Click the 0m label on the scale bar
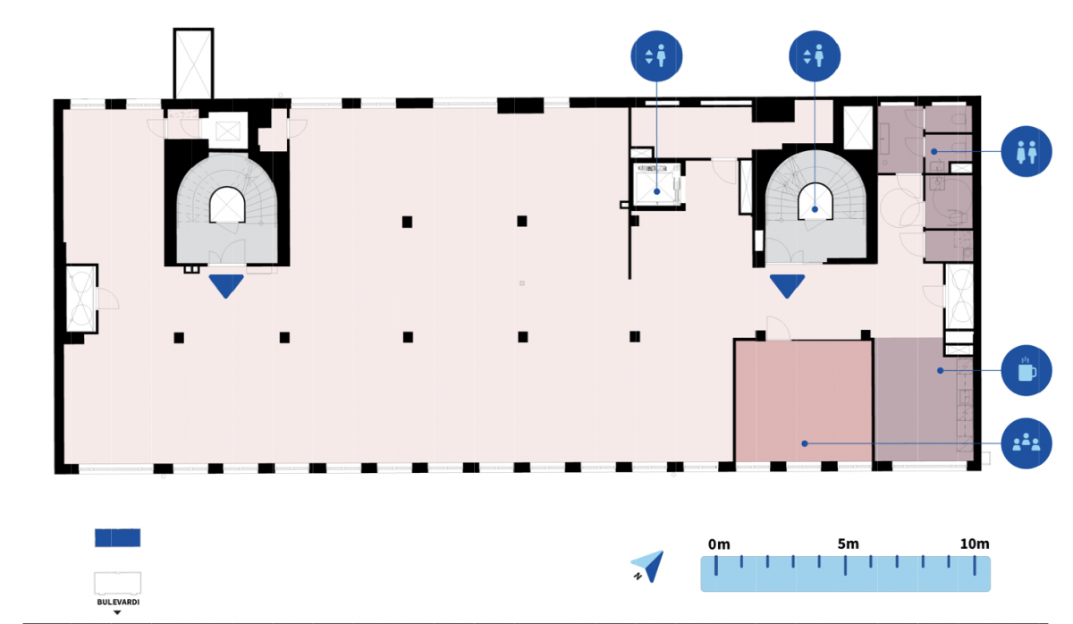(x=719, y=544)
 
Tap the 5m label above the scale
(x=848, y=544)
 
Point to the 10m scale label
(x=974, y=544)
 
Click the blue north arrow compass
(x=650, y=565)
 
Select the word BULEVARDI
(x=117, y=603)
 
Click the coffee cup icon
(x=1026, y=369)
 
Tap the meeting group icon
(x=1026, y=442)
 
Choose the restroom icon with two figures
(x=1026, y=153)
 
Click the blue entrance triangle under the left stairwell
(x=226, y=286)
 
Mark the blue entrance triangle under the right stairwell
(x=787, y=286)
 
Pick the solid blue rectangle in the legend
(x=117, y=537)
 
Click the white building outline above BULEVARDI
(x=117, y=582)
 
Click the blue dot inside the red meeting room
(x=804, y=443)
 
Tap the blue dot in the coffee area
(x=939, y=369)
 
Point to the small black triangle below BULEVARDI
(x=117, y=613)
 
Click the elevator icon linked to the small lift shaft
(x=657, y=56)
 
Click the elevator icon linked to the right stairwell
(x=815, y=56)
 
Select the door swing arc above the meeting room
(x=777, y=327)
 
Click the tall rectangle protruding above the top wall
(x=193, y=63)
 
